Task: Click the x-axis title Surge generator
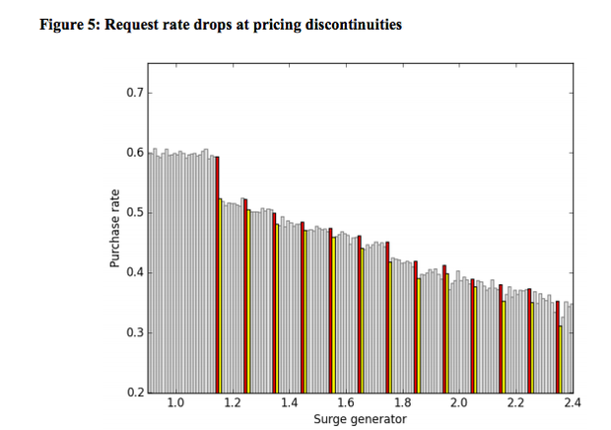(360, 419)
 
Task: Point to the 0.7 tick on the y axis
(134, 94)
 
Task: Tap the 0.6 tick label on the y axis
(134, 154)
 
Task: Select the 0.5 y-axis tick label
(134, 213)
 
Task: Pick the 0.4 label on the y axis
(134, 273)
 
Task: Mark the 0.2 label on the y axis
(134, 393)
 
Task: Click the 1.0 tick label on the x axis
(175, 403)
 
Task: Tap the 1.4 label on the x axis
(289, 403)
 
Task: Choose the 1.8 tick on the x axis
(402, 403)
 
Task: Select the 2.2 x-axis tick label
(515, 403)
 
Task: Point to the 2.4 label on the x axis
(571, 403)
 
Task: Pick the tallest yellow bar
(220, 296)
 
